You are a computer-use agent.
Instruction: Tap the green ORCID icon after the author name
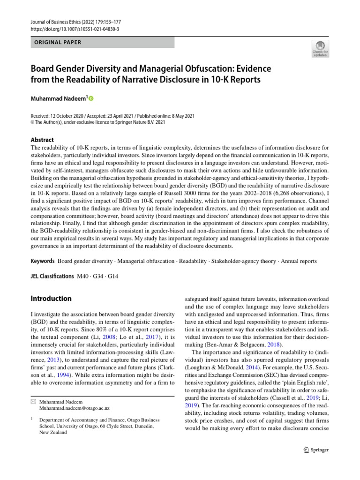click(90, 98)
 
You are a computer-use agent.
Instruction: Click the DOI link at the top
click(75, 29)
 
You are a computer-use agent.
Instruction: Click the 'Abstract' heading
click(42, 140)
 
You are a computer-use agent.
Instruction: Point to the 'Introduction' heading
click(51, 299)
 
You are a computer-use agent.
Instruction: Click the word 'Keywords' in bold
click(43, 261)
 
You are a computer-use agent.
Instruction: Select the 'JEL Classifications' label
click(52, 276)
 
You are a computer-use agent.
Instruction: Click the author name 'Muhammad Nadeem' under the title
click(59, 98)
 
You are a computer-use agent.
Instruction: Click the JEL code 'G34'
click(98, 276)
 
